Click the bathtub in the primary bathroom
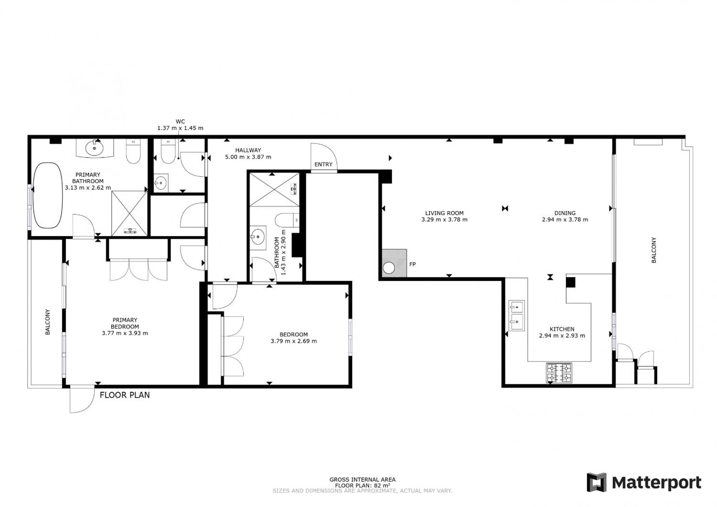pyautogui.click(x=48, y=195)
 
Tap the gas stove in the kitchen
pyautogui.click(x=559, y=373)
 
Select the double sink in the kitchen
pyautogui.click(x=516, y=316)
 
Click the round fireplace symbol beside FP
pyautogui.click(x=389, y=268)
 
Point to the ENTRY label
pyautogui.click(x=323, y=165)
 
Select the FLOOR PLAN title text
pyautogui.click(x=125, y=395)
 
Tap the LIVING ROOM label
pyautogui.click(x=444, y=213)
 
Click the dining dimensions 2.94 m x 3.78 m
pyautogui.click(x=565, y=220)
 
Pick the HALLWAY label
pyautogui.click(x=248, y=150)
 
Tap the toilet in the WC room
pyautogui.click(x=169, y=151)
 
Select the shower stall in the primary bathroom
pyautogui.click(x=129, y=214)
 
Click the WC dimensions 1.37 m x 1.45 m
pyautogui.click(x=180, y=128)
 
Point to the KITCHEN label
pyautogui.click(x=562, y=329)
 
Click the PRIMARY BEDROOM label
pyautogui.click(x=125, y=323)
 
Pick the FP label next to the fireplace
pyautogui.click(x=413, y=265)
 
